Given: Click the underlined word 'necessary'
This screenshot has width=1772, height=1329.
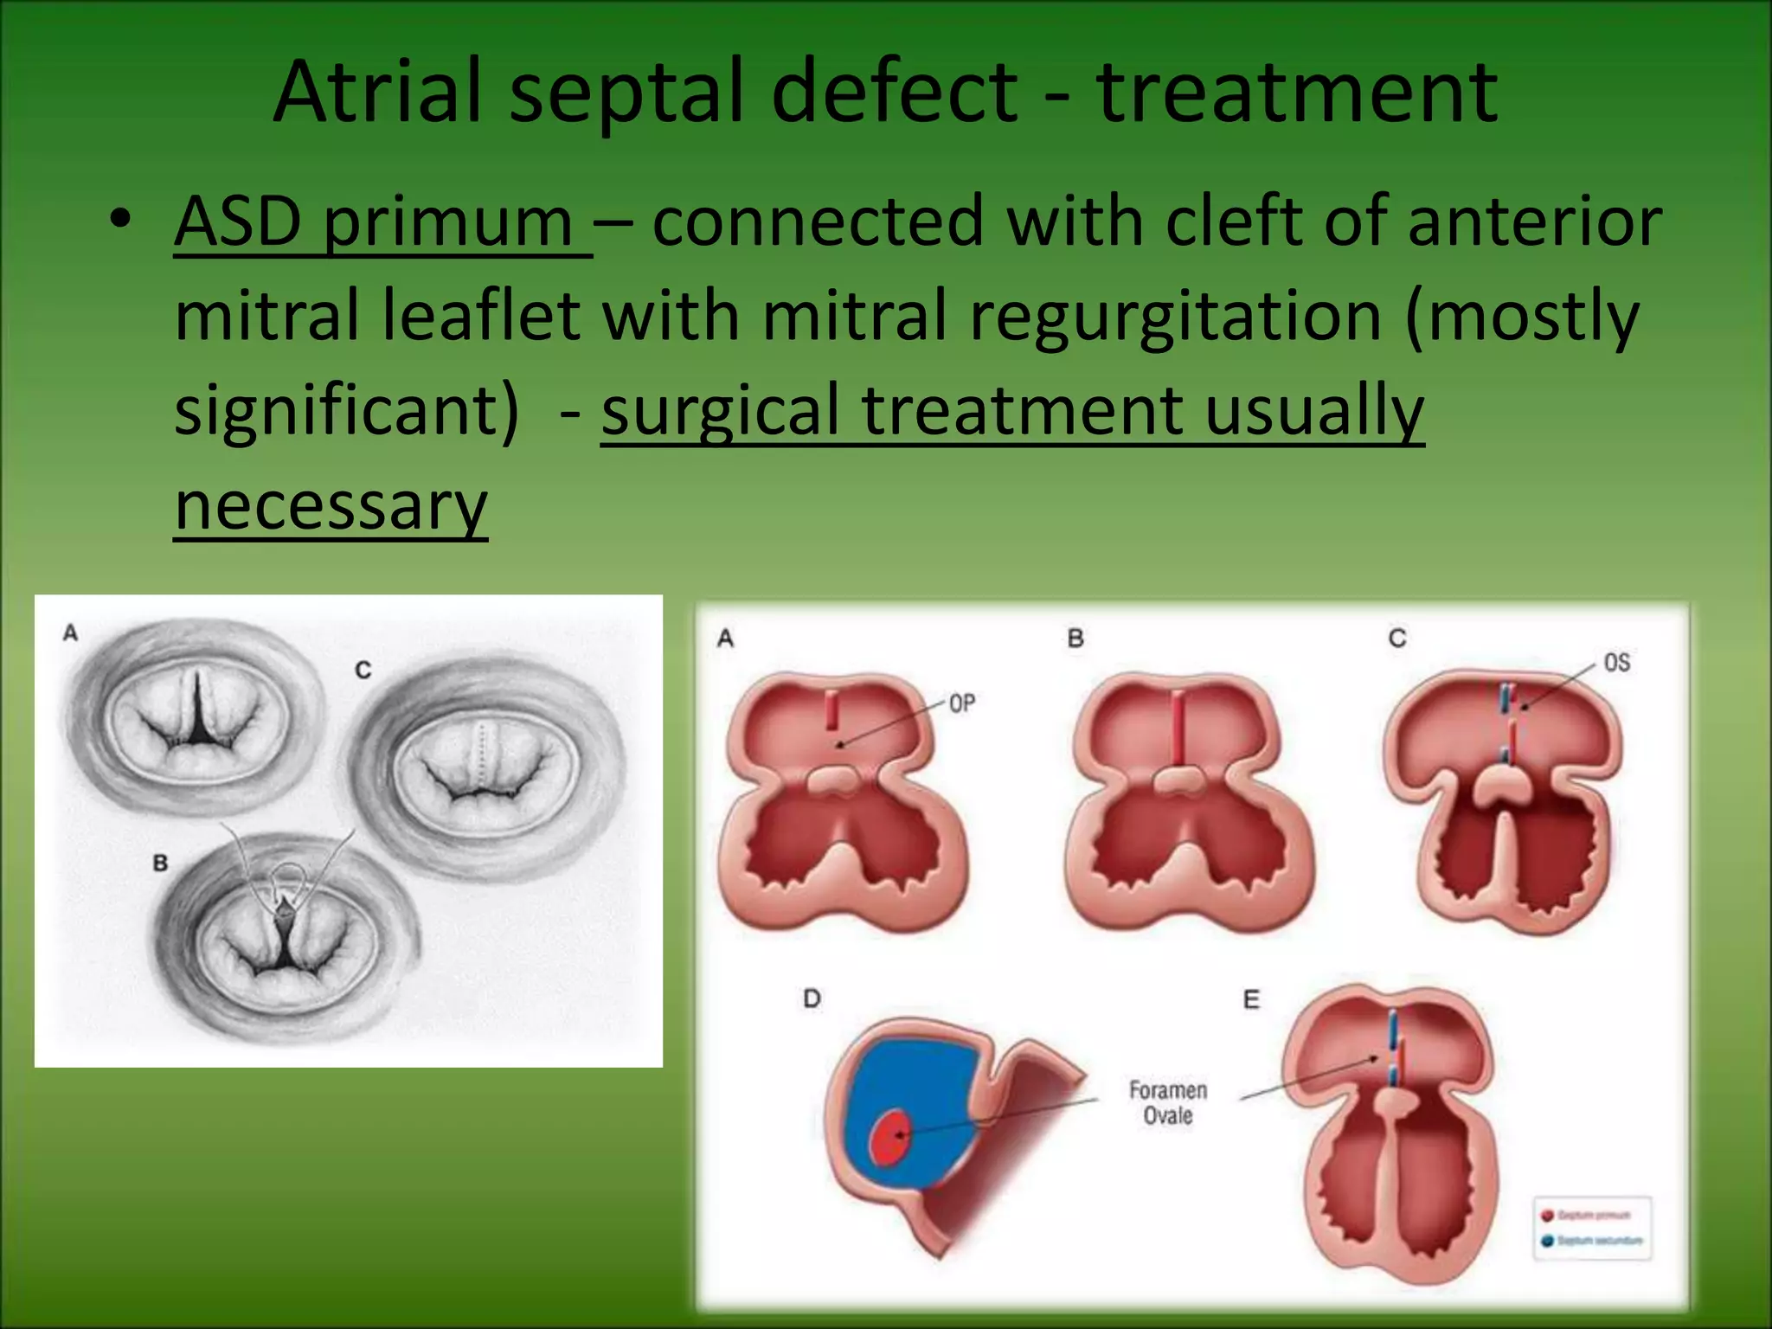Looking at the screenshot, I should [x=331, y=506].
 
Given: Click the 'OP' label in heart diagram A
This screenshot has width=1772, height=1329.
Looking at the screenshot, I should [x=961, y=703].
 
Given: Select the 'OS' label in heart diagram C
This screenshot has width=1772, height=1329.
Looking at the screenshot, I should [x=1616, y=663].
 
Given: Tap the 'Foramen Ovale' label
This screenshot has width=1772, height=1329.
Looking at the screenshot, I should [x=1167, y=1103].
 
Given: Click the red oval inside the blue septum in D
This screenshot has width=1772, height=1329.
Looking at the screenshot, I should [x=890, y=1136].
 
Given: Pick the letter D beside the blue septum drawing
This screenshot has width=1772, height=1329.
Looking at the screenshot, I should [x=812, y=998].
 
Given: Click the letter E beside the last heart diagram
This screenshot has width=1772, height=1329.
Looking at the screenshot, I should [x=1251, y=999].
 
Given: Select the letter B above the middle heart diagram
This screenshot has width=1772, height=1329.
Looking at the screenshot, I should [x=1075, y=639].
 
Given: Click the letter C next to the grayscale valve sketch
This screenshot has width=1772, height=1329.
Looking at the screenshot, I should [x=363, y=670].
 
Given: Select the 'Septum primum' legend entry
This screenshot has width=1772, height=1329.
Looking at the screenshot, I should [x=1592, y=1216].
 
